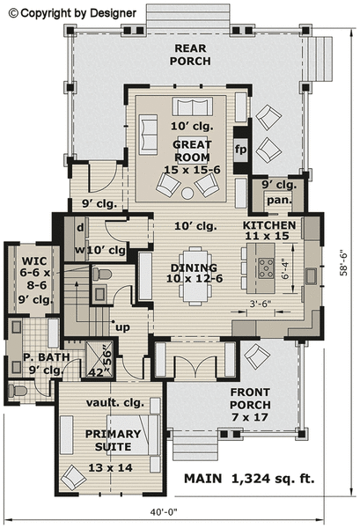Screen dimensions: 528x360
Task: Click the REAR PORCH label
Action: pyautogui.click(x=192, y=55)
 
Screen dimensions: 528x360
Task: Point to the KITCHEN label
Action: pyautogui.click(x=268, y=231)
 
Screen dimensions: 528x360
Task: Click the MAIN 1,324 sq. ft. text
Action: pyautogui.click(x=248, y=479)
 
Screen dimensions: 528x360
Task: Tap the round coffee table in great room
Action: pyautogui.click(x=187, y=192)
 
